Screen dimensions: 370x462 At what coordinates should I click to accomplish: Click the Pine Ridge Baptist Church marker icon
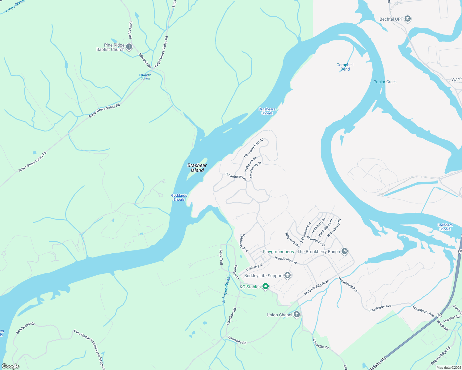point(129,47)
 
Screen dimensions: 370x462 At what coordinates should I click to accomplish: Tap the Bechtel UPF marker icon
point(408,19)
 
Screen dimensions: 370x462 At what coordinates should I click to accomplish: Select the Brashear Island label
point(197,168)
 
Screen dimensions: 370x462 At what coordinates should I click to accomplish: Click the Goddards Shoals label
point(179,197)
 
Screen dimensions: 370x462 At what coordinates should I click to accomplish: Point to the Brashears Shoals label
point(267,111)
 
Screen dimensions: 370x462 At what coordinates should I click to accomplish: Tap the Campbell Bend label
point(345,67)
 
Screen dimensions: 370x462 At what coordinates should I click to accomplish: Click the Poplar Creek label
point(385,82)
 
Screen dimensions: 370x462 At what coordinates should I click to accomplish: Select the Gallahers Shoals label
point(445,227)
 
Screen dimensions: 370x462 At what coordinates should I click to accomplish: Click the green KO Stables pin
point(265,287)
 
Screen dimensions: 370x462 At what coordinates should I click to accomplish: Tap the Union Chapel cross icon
point(296,315)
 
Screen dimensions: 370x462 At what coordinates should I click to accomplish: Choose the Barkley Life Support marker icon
point(288,276)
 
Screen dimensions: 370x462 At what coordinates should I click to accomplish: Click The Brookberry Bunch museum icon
point(345,252)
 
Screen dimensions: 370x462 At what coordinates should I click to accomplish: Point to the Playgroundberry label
point(278,252)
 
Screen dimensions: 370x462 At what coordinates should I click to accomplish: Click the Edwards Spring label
point(145,76)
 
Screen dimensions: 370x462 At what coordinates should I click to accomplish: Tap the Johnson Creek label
point(226,289)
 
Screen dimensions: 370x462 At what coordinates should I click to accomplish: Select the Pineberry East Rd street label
point(254,148)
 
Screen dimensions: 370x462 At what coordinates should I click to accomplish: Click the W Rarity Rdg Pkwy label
point(317,287)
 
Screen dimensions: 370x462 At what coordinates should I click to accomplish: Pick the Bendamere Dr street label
point(25,328)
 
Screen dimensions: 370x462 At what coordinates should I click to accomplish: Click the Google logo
point(10,366)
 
